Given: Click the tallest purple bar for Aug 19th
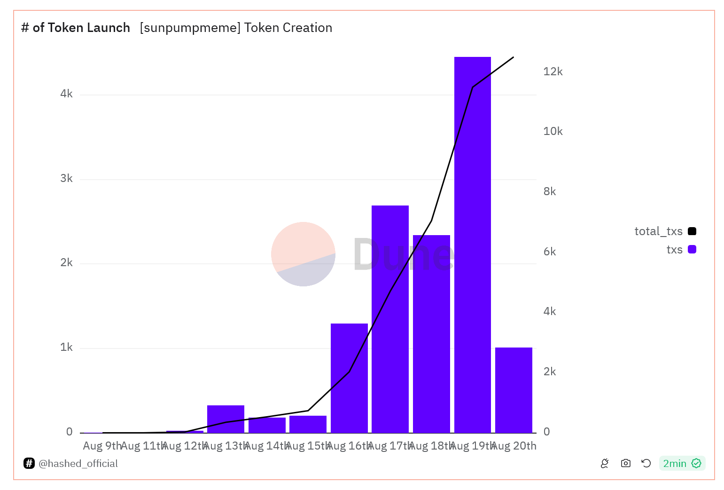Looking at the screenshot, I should [472, 245].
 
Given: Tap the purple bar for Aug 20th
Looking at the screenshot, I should [514, 390].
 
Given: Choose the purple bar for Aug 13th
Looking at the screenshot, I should [226, 419].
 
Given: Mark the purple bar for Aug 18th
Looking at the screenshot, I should [431, 334].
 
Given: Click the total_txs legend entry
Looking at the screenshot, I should [658, 231].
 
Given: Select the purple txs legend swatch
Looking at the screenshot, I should [692, 250].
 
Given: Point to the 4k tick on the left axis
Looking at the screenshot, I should [66, 94].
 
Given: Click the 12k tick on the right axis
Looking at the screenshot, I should [553, 71].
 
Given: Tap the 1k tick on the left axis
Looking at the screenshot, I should [66, 348].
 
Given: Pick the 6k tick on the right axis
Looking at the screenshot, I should [549, 252].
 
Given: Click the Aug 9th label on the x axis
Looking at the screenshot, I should [102, 446].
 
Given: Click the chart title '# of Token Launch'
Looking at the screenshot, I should [76, 28].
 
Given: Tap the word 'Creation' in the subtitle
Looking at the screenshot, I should [307, 28].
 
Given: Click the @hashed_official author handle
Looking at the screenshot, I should [78, 464].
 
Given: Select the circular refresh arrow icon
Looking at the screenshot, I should [646, 464].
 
